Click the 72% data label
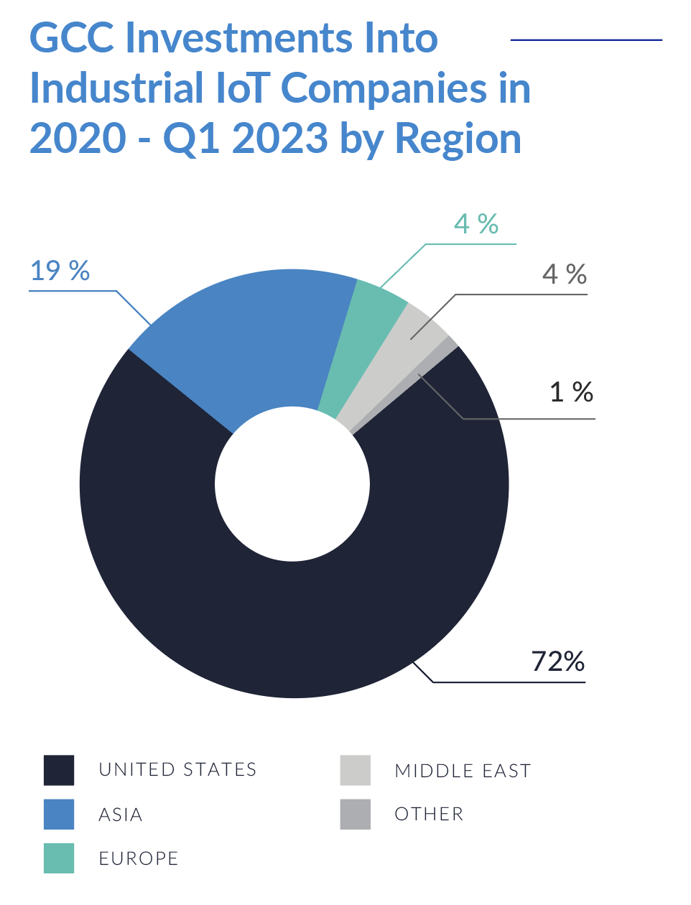click(x=558, y=661)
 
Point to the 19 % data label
click(x=60, y=271)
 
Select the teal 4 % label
click(x=476, y=224)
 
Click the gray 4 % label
click(x=565, y=274)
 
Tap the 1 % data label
click(x=571, y=392)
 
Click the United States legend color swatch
click(x=59, y=770)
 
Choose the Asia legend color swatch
click(x=59, y=814)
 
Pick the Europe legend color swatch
click(x=59, y=858)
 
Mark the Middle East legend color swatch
click(x=356, y=770)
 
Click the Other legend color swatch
click(x=356, y=814)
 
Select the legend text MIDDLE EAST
click(x=463, y=771)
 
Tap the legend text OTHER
click(x=430, y=814)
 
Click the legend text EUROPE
click(x=139, y=858)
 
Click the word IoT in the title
click(x=241, y=88)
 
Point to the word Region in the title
click(x=458, y=139)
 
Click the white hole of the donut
click(x=292, y=483)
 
